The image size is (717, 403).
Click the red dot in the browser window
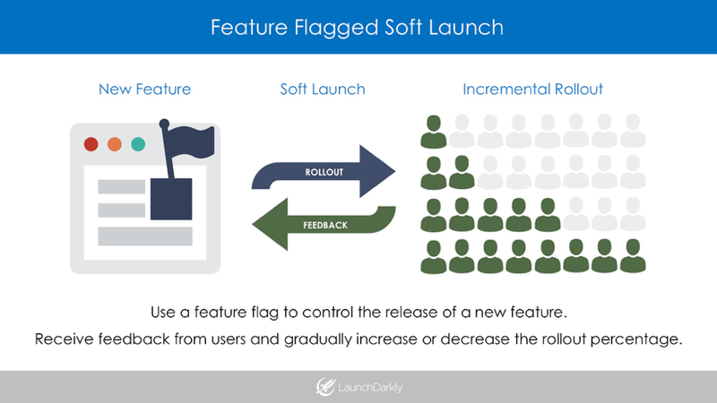(x=91, y=144)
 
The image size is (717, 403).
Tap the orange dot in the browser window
(x=115, y=144)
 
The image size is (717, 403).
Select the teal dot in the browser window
(x=138, y=144)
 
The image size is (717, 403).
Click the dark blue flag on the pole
(x=191, y=141)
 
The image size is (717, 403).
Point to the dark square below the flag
(x=171, y=199)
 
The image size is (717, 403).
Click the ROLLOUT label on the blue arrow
(x=324, y=172)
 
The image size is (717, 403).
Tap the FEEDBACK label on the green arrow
(x=325, y=225)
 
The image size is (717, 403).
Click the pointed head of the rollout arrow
(x=377, y=171)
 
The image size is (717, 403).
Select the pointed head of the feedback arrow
(x=271, y=224)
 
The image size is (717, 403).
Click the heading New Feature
(x=145, y=89)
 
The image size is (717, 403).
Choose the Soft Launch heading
(x=323, y=89)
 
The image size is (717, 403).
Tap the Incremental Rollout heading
(x=532, y=89)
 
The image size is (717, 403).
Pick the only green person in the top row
(x=434, y=132)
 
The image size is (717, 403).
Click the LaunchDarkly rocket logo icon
(x=325, y=387)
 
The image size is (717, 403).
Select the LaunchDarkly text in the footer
(x=370, y=388)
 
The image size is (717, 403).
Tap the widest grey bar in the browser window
(x=145, y=236)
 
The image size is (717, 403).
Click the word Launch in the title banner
(x=466, y=27)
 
